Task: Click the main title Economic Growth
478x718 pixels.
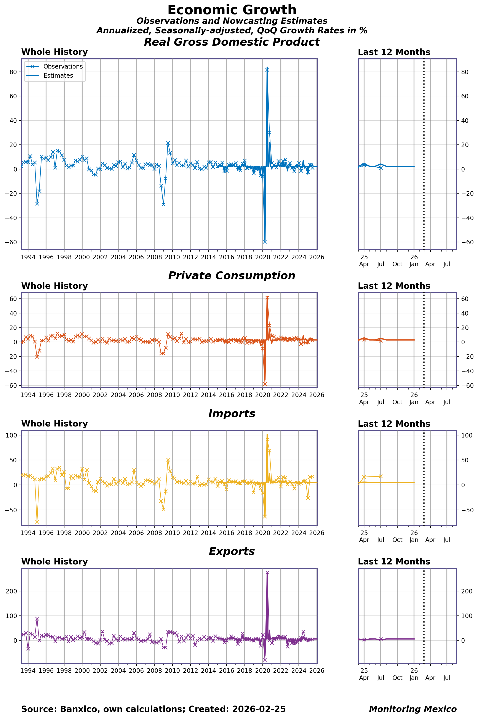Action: tap(232, 10)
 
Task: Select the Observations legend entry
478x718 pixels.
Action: tap(63, 66)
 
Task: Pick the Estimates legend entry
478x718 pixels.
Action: tap(58, 76)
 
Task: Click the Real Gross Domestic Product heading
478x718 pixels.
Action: tap(232, 42)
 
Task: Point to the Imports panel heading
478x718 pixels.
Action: tap(232, 413)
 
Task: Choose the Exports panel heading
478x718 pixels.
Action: tap(232, 551)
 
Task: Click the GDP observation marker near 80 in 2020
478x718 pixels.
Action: tap(267, 70)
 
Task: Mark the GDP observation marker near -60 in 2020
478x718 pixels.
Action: tap(265, 242)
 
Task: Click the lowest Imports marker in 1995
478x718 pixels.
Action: tap(37, 522)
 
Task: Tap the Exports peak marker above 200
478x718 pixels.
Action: tap(267, 573)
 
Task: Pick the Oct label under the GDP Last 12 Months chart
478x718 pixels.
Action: tap(397, 264)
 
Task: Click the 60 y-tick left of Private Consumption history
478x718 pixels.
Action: tap(13, 299)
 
